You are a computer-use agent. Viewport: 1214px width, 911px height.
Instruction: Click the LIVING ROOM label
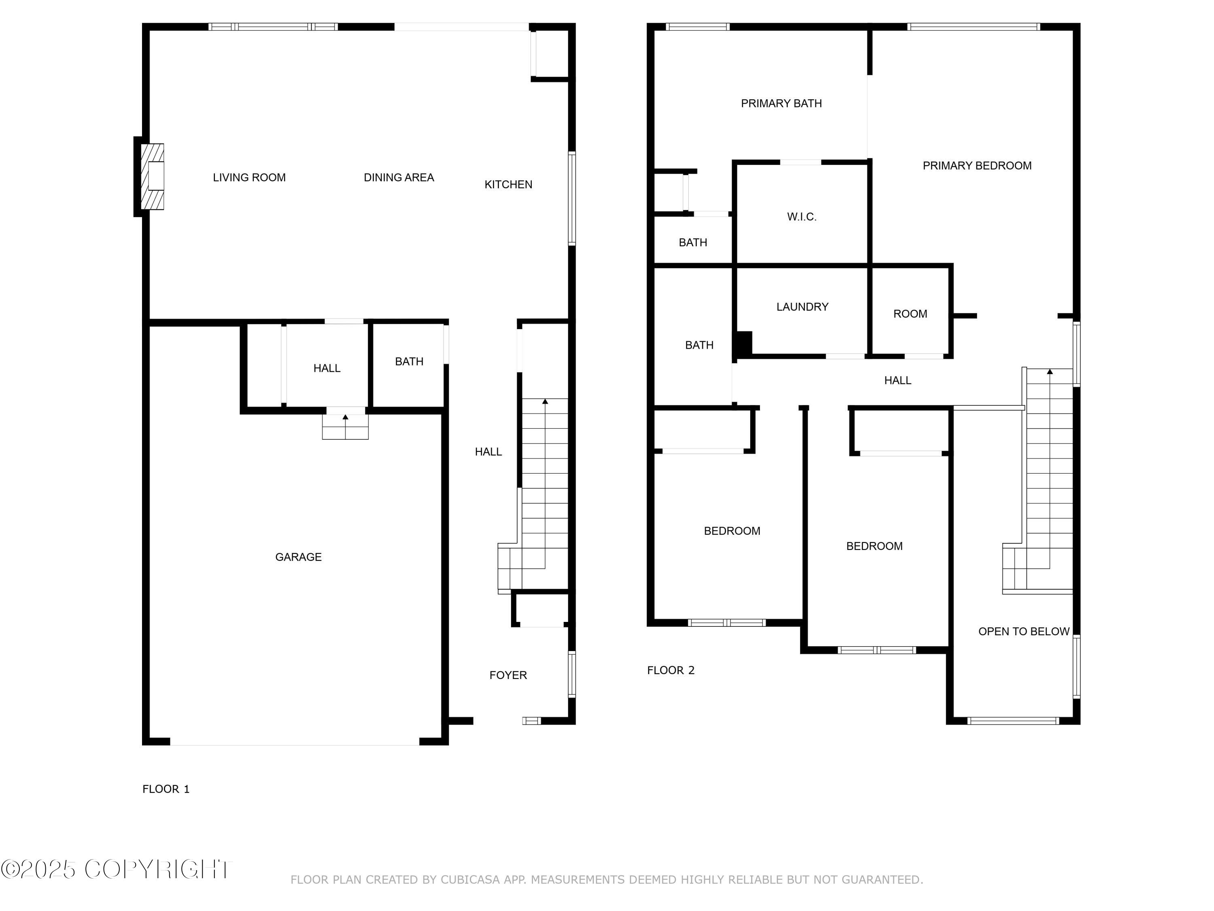[x=249, y=177]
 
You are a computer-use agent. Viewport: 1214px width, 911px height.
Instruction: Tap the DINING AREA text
[x=399, y=177]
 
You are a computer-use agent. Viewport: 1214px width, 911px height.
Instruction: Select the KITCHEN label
[x=508, y=185]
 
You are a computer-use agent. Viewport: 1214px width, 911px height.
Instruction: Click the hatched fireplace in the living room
[x=152, y=176]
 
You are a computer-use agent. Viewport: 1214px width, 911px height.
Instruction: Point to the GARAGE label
[x=298, y=557]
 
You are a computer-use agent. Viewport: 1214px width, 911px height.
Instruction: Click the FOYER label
[x=508, y=675]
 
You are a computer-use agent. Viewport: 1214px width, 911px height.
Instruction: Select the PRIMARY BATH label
[x=781, y=103]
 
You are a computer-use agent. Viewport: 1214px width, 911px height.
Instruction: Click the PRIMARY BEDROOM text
[x=976, y=165]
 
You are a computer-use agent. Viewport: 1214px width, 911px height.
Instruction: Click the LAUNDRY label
[x=802, y=307]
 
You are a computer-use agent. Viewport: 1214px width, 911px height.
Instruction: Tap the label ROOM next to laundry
[x=910, y=313]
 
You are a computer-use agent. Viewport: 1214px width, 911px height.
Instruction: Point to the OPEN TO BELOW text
[x=1023, y=632]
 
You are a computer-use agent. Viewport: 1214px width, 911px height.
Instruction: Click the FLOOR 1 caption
[x=166, y=789]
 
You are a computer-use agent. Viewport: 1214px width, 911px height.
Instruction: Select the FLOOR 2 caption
[x=671, y=670]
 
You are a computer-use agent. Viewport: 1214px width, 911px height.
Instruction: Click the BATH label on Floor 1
[x=409, y=361]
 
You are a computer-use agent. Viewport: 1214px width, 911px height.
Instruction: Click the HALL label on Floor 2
[x=897, y=380]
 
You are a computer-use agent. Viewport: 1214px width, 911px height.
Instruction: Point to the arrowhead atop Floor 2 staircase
[x=1049, y=372]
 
